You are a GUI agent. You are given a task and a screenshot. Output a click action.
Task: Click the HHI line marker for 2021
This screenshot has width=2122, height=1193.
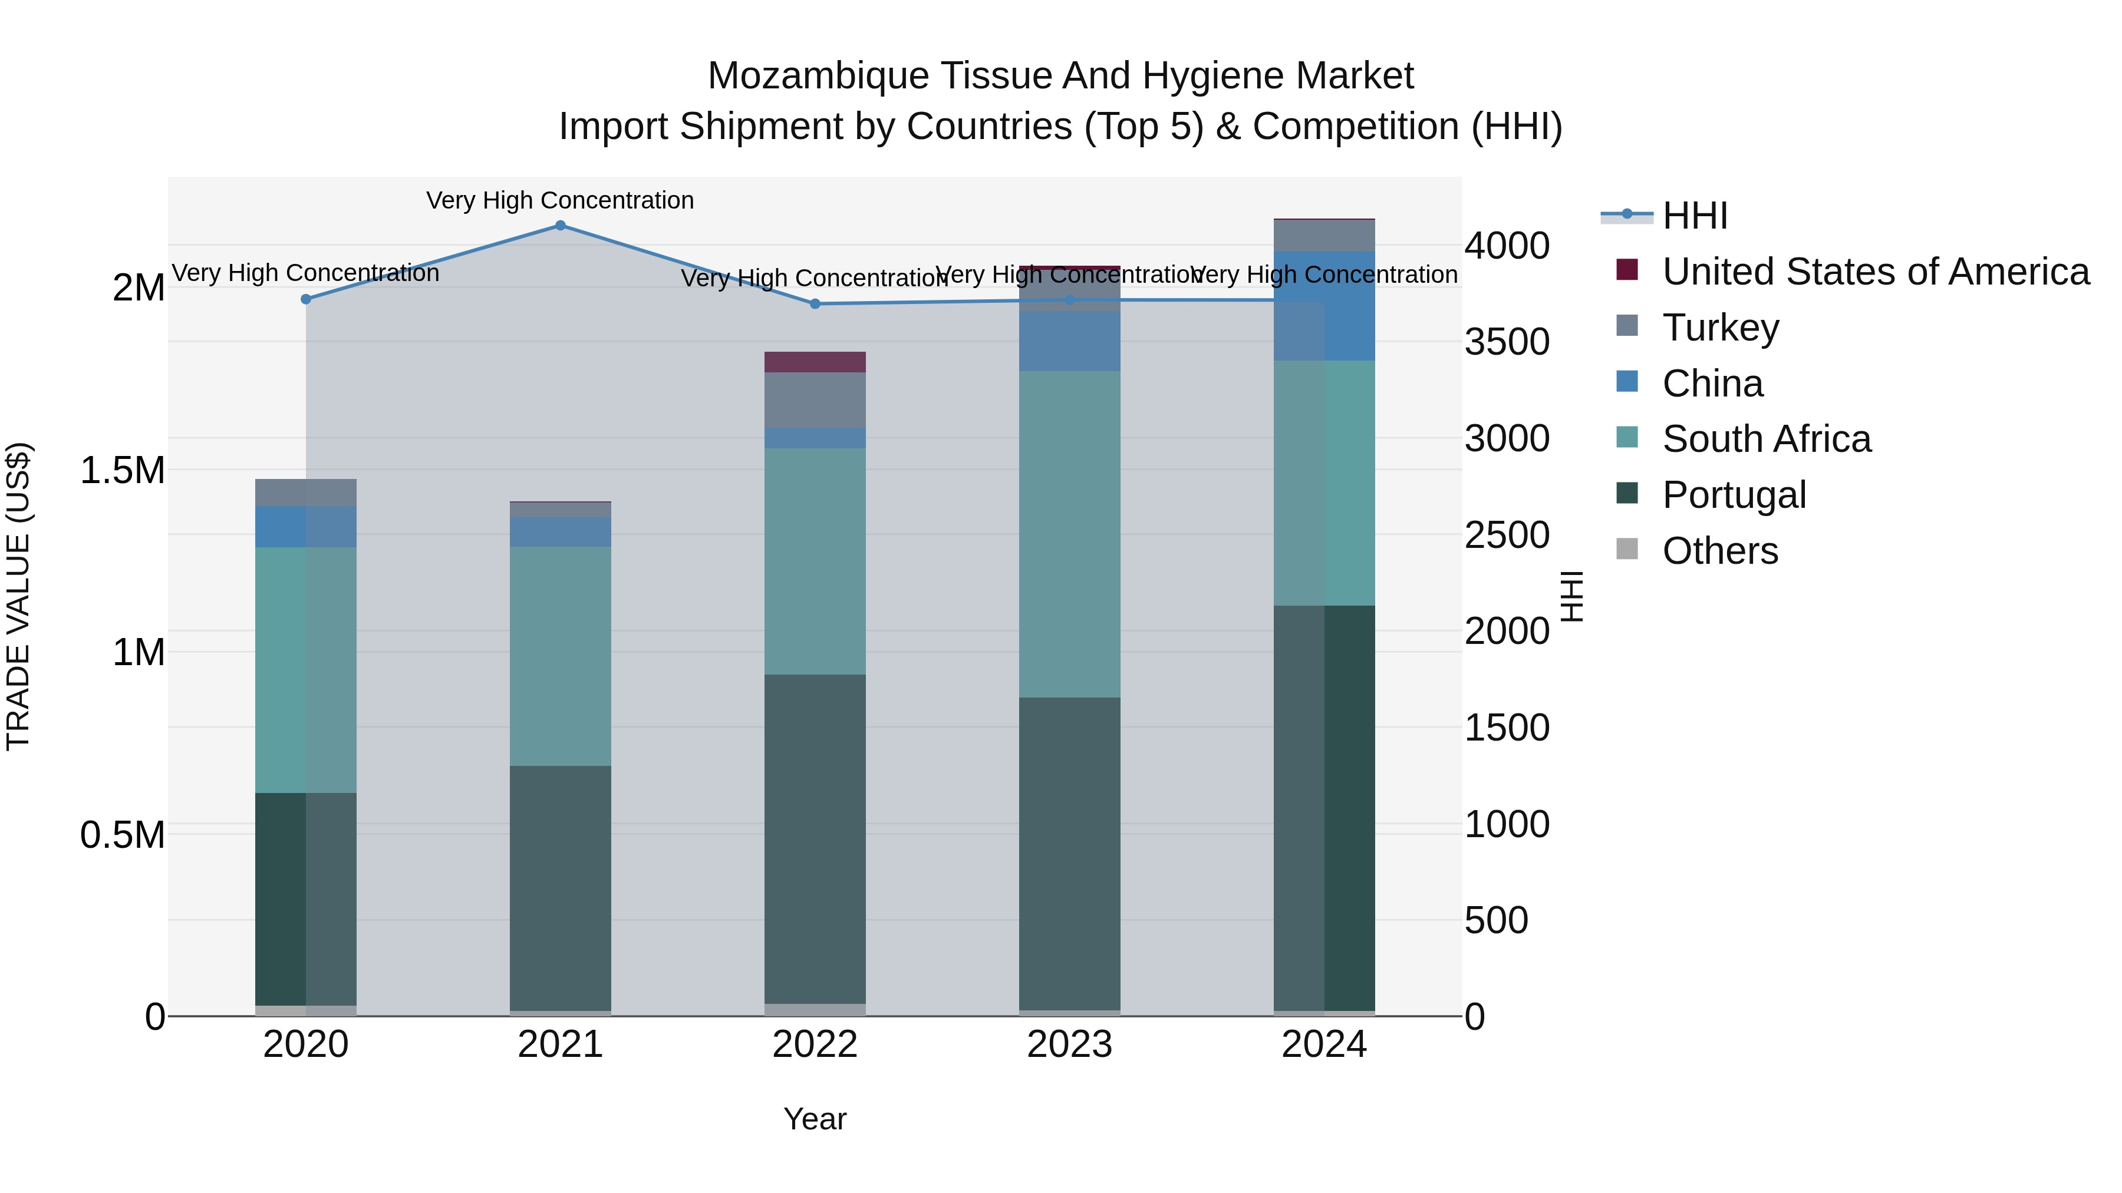tap(560, 226)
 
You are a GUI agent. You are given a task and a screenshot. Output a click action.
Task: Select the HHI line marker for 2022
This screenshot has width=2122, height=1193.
tap(815, 304)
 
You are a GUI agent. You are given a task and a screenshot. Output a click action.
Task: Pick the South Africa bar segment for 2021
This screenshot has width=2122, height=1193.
tap(560, 656)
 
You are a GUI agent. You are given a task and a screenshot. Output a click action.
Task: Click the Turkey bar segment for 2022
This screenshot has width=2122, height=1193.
tap(815, 400)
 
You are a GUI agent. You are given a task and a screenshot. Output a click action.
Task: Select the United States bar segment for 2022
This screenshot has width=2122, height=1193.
tap(815, 362)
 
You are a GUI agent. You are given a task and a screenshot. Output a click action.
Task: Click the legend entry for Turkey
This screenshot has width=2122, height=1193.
tap(1720, 328)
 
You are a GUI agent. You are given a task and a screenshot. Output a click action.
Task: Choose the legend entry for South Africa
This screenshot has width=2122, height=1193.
tap(1766, 439)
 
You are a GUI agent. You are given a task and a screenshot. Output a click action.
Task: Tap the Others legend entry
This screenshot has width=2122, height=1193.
tap(1720, 551)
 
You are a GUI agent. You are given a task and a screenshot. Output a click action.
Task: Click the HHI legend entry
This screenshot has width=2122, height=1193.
tap(1695, 216)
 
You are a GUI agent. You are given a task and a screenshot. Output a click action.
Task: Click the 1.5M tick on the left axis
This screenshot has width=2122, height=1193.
tap(122, 471)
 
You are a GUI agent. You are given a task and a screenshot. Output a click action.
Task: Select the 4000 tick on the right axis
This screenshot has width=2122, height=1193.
tap(1507, 245)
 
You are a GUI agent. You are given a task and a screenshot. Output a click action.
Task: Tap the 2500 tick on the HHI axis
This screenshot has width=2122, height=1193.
tap(1507, 535)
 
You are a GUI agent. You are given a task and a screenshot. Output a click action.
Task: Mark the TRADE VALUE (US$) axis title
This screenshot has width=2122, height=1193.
tap(19, 596)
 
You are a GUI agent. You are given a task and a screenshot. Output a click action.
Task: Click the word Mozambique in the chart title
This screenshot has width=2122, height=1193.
tap(818, 76)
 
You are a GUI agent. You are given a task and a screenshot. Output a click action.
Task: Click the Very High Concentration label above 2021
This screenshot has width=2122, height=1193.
tap(560, 200)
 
